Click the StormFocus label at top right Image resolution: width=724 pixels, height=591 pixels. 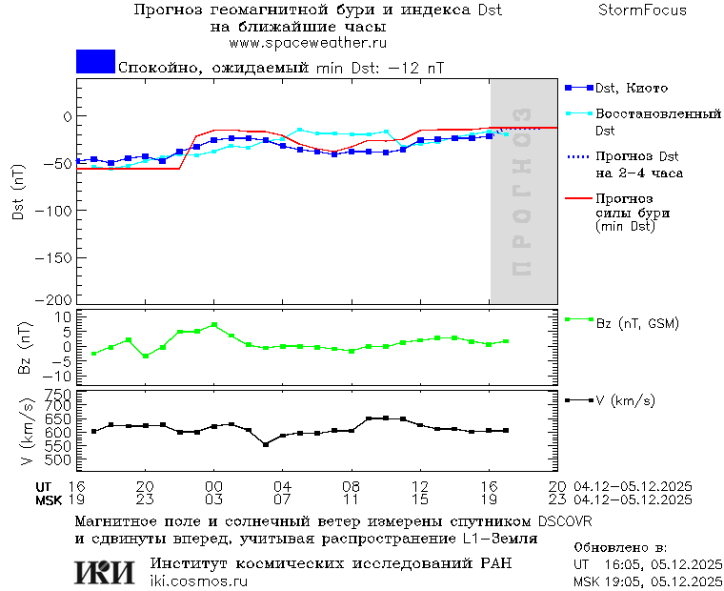click(x=642, y=10)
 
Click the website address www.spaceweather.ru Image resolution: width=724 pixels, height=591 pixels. click(x=307, y=43)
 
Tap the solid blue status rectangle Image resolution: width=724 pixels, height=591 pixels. click(x=95, y=62)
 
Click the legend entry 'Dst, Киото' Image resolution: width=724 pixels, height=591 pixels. click(x=632, y=89)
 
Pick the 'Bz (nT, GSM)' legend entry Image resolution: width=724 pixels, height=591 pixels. click(x=637, y=323)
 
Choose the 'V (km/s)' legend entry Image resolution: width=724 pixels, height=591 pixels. click(x=626, y=399)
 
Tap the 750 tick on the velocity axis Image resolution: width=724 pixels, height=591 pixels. click(x=59, y=394)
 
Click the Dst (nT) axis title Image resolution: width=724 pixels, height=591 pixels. click(x=18, y=191)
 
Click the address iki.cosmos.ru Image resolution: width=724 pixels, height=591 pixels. click(x=199, y=581)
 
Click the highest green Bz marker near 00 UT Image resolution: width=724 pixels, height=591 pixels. click(x=214, y=325)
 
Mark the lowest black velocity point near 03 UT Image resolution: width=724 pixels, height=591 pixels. click(x=266, y=444)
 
